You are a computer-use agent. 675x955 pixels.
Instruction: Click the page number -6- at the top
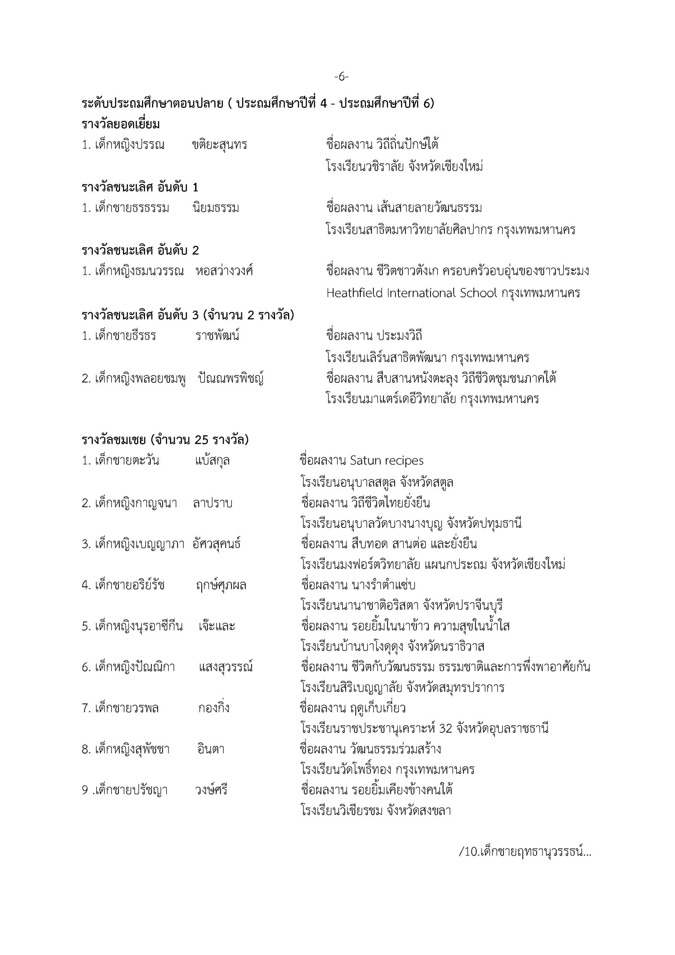[x=341, y=77]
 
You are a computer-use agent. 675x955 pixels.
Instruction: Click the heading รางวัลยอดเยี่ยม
[x=121, y=124]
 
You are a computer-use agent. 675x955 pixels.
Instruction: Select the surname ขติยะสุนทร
[x=220, y=145]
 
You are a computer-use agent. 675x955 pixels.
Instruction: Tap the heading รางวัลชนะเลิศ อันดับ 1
[x=140, y=188]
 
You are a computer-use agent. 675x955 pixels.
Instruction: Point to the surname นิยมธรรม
[x=216, y=208]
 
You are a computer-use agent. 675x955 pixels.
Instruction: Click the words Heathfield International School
[x=411, y=293]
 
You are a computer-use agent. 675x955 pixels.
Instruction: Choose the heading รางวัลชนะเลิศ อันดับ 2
[x=140, y=250]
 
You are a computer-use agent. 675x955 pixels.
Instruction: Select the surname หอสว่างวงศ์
[x=224, y=271]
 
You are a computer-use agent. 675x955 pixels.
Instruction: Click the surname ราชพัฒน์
[x=217, y=336]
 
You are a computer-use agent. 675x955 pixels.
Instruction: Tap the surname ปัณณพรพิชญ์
[x=231, y=379]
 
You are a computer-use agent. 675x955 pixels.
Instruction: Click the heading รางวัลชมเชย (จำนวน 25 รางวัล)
[x=165, y=440]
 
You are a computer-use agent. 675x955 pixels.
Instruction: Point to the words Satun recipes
[x=387, y=461]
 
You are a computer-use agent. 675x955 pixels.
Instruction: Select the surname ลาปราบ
[x=212, y=503]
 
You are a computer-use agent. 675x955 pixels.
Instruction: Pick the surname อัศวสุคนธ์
[x=217, y=544]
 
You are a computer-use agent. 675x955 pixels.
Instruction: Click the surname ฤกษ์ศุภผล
[x=221, y=585]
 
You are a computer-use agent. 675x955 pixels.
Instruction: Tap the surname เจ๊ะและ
[x=217, y=626]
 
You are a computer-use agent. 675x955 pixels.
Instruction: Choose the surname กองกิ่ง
[x=214, y=708]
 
